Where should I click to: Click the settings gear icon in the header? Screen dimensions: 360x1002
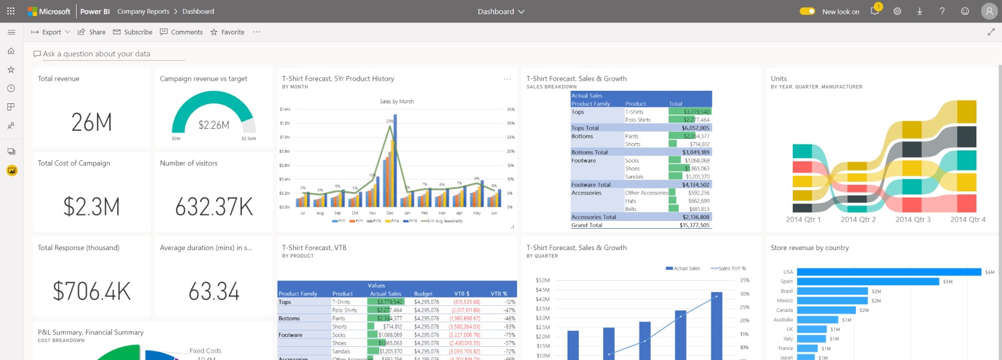(x=897, y=11)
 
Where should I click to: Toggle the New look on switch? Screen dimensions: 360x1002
(x=807, y=11)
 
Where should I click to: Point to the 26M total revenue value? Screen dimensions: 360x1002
(x=92, y=122)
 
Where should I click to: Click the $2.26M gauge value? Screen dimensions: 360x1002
(x=213, y=125)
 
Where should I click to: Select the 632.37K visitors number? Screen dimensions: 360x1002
(x=214, y=207)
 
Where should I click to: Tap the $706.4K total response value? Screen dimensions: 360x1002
(x=92, y=291)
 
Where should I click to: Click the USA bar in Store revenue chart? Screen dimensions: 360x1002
(x=888, y=272)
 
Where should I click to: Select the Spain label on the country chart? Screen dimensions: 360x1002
(x=786, y=282)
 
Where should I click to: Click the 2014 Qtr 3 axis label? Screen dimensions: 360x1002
(x=913, y=219)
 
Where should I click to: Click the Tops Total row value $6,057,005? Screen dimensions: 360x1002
(x=695, y=128)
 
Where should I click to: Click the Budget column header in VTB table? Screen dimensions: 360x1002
(x=423, y=293)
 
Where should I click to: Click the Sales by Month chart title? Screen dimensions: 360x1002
(x=396, y=102)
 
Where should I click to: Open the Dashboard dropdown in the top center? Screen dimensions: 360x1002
(x=501, y=11)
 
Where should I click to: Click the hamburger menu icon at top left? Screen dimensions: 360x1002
(x=11, y=32)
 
